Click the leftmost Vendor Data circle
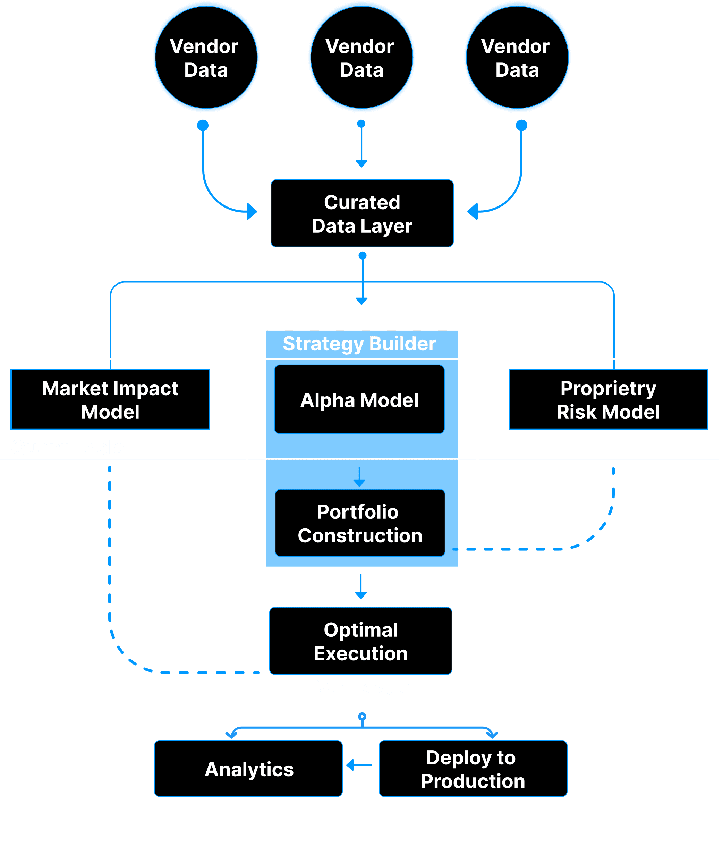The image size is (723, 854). [x=206, y=57]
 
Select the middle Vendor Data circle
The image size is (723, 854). [x=361, y=57]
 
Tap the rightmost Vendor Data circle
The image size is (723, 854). [x=517, y=57]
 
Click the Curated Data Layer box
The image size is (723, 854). [x=362, y=214]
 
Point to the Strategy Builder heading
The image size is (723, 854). [x=359, y=344]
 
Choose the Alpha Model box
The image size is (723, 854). [x=359, y=400]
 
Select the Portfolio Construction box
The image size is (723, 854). [x=360, y=523]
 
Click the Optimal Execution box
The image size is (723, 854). [x=361, y=641]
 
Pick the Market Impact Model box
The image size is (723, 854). [x=110, y=400]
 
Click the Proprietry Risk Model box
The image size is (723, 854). [x=608, y=400]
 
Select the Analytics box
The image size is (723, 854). [x=248, y=769]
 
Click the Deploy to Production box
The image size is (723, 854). [x=473, y=769]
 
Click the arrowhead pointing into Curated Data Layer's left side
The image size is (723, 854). [x=252, y=212]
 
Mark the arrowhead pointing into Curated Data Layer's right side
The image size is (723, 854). [x=473, y=212]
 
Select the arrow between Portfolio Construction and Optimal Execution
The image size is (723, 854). [x=361, y=587]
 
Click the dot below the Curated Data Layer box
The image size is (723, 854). [x=362, y=256]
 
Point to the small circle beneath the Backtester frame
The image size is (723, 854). [x=362, y=716]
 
